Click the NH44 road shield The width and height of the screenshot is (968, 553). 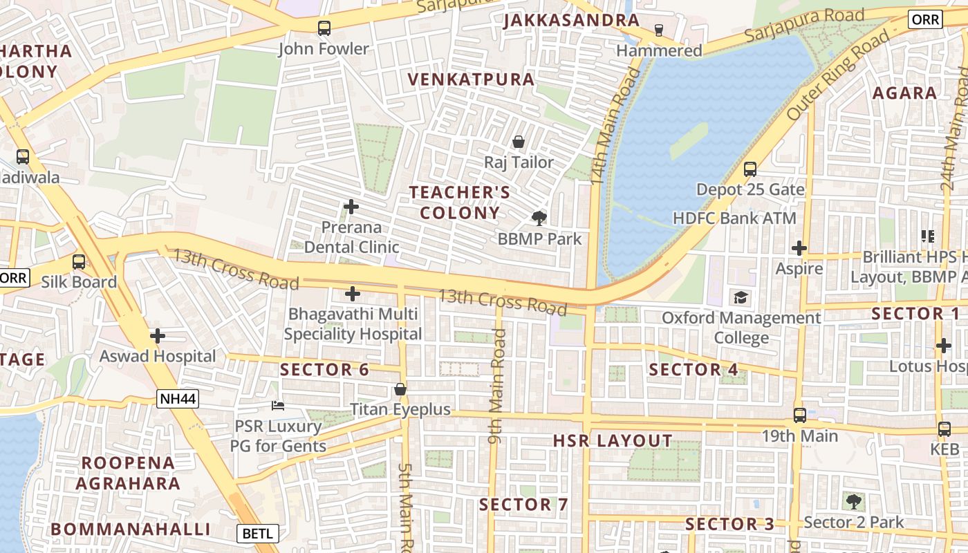click(x=178, y=398)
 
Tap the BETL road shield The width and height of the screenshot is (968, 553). click(x=259, y=534)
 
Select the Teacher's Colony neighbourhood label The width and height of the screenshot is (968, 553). click(x=460, y=203)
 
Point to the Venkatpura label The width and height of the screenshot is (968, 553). click(x=471, y=79)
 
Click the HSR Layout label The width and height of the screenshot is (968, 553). click(x=613, y=441)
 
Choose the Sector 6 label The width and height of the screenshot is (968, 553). click(x=324, y=370)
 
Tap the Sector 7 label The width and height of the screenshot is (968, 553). click(x=523, y=505)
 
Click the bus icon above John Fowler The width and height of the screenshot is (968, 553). click(x=324, y=28)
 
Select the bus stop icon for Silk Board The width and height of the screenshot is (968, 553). click(x=79, y=262)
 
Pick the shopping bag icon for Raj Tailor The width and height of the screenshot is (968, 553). click(x=518, y=142)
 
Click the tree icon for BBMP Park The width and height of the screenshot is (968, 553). click(x=539, y=218)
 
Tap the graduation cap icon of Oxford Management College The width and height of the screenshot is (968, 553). click(x=741, y=298)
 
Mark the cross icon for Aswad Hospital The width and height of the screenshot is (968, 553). click(x=158, y=337)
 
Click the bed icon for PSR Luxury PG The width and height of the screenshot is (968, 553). click(x=277, y=405)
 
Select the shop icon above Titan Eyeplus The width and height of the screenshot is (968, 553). click(x=400, y=389)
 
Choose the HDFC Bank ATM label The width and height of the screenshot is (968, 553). click(x=734, y=218)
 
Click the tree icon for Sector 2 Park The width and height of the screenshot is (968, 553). click(x=854, y=501)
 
